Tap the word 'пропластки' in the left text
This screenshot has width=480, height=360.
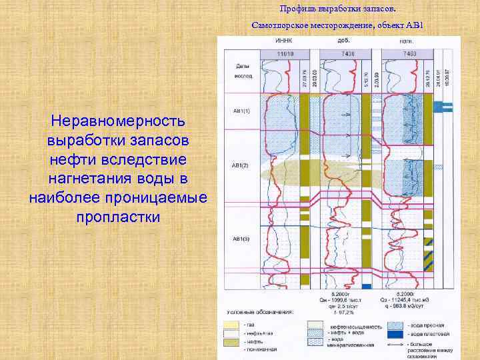point(119,217)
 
